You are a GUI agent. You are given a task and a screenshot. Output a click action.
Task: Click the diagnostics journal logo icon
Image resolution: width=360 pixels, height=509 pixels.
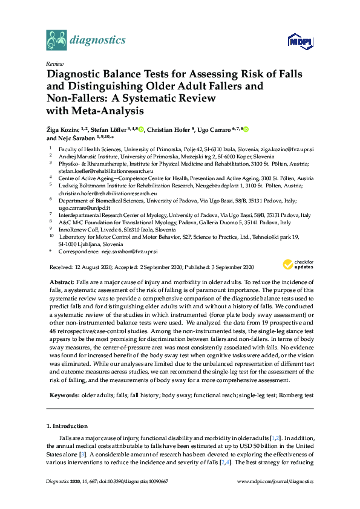point(56,41)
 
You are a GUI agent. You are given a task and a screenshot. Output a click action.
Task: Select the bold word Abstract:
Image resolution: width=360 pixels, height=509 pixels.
point(61,282)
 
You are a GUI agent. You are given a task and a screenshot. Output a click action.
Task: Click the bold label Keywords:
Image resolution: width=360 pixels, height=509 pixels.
point(64,395)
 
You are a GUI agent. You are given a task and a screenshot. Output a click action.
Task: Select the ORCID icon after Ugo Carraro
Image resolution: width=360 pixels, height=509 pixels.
point(246,129)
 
